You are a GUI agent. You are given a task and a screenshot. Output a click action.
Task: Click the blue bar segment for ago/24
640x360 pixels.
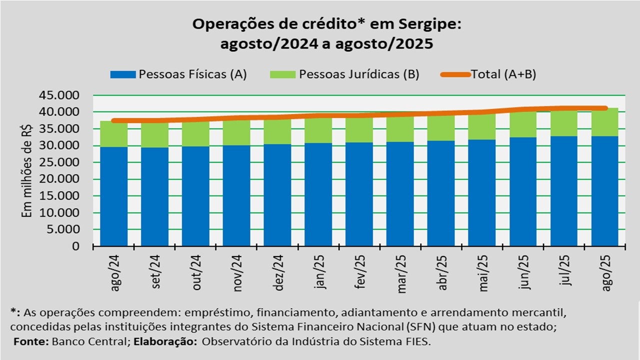pyautogui.click(x=113, y=196)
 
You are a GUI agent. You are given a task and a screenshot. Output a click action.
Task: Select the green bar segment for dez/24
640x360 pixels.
pyautogui.click(x=277, y=132)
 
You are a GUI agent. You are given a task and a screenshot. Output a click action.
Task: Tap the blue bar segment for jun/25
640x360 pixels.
pyautogui.click(x=523, y=191)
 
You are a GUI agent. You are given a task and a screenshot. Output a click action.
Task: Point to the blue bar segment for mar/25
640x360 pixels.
pyautogui.click(x=400, y=194)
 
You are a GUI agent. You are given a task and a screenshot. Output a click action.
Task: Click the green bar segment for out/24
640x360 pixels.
pyautogui.click(x=195, y=134)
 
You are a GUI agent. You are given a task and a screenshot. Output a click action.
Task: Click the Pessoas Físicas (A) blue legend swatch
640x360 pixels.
pyautogui.click(x=122, y=74)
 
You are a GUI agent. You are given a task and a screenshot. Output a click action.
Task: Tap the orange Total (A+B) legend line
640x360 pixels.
pyautogui.click(x=455, y=74)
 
